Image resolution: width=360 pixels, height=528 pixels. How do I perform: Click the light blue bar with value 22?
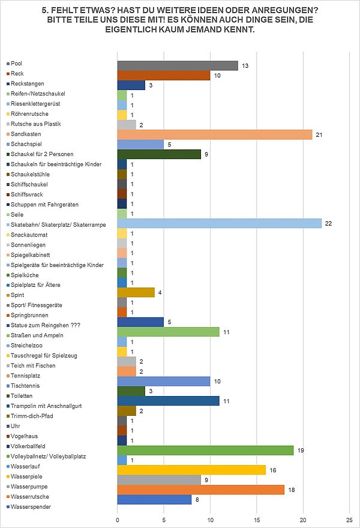coord(219,223)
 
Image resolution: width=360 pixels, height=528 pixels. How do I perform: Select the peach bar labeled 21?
coord(215,134)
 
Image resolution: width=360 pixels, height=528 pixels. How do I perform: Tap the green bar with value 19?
coord(205,450)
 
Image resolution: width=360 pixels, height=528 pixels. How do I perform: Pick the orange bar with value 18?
coord(201,490)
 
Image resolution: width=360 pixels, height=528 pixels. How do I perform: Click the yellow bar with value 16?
coord(191,470)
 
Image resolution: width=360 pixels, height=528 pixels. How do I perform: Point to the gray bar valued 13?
coord(178,65)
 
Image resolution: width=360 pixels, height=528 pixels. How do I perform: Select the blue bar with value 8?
coord(154,500)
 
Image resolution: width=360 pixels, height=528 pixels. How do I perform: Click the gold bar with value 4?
coord(136,292)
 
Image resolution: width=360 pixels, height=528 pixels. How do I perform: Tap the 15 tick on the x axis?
coord(257,520)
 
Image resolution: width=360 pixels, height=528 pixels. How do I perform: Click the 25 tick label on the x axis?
coord(350,520)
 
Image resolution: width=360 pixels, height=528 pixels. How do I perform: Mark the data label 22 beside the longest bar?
coord(328,224)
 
